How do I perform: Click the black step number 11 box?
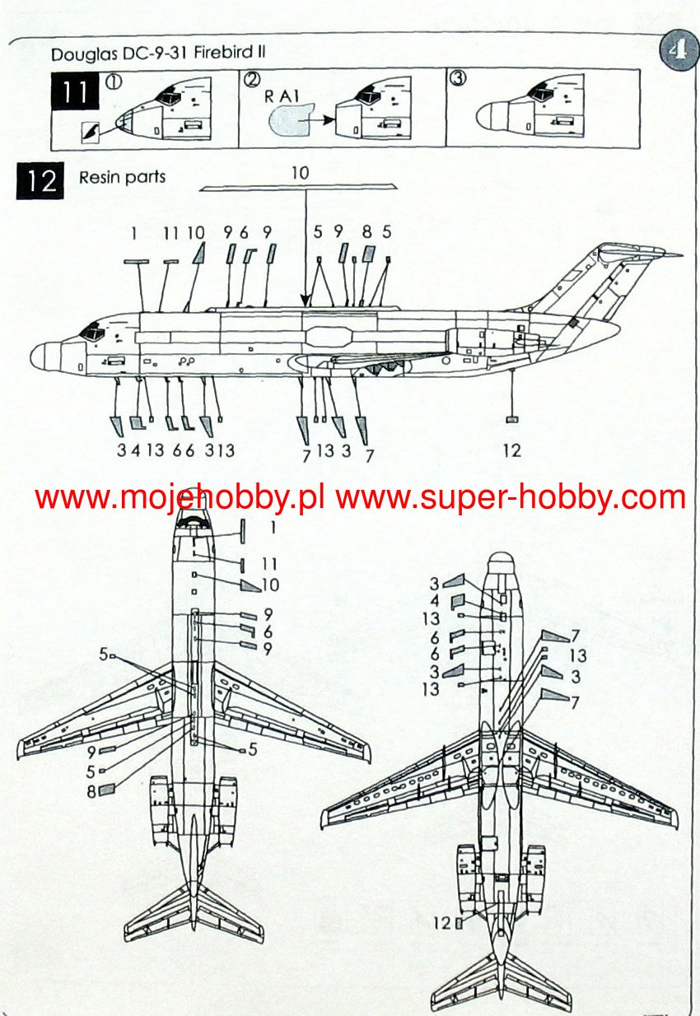75,91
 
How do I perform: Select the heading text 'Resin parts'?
122,177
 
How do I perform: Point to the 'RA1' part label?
280,95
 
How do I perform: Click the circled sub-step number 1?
113,81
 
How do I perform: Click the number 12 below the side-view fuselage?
511,450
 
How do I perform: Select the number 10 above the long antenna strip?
300,173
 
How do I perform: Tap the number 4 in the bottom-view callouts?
434,601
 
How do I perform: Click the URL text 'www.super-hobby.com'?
511,497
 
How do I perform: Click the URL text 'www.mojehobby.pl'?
180,497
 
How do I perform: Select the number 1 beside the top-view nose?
272,524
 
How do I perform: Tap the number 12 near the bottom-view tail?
442,923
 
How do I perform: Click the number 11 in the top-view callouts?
269,564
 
